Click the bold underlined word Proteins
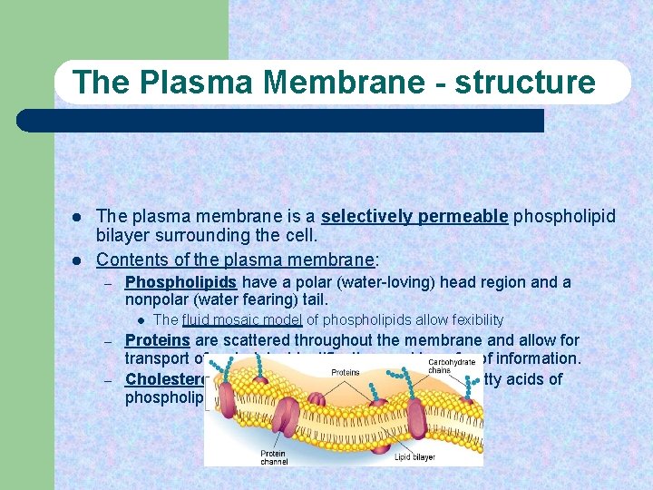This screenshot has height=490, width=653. point(157,340)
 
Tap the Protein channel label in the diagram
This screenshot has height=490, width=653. point(274,456)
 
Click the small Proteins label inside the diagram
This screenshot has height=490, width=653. point(345,372)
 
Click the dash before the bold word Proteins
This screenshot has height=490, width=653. point(106,341)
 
